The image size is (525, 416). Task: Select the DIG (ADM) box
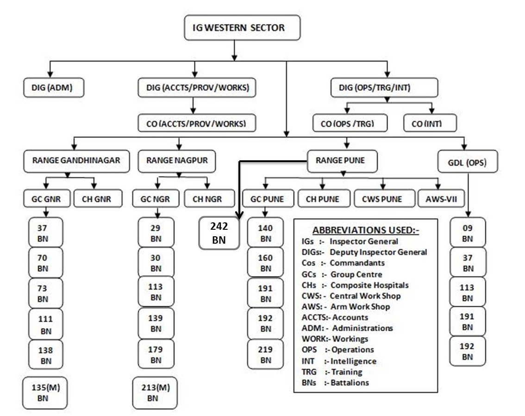(x=54, y=87)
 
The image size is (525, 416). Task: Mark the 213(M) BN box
(x=155, y=393)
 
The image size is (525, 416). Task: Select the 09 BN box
(x=468, y=233)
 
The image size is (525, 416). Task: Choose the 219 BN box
(x=265, y=354)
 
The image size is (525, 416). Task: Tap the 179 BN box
(x=156, y=354)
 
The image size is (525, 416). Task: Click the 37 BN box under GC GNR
(x=45, y=233)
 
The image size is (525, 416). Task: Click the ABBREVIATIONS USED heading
(x=366, y=230)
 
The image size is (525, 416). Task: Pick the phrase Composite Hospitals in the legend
(x=369, y=285)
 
